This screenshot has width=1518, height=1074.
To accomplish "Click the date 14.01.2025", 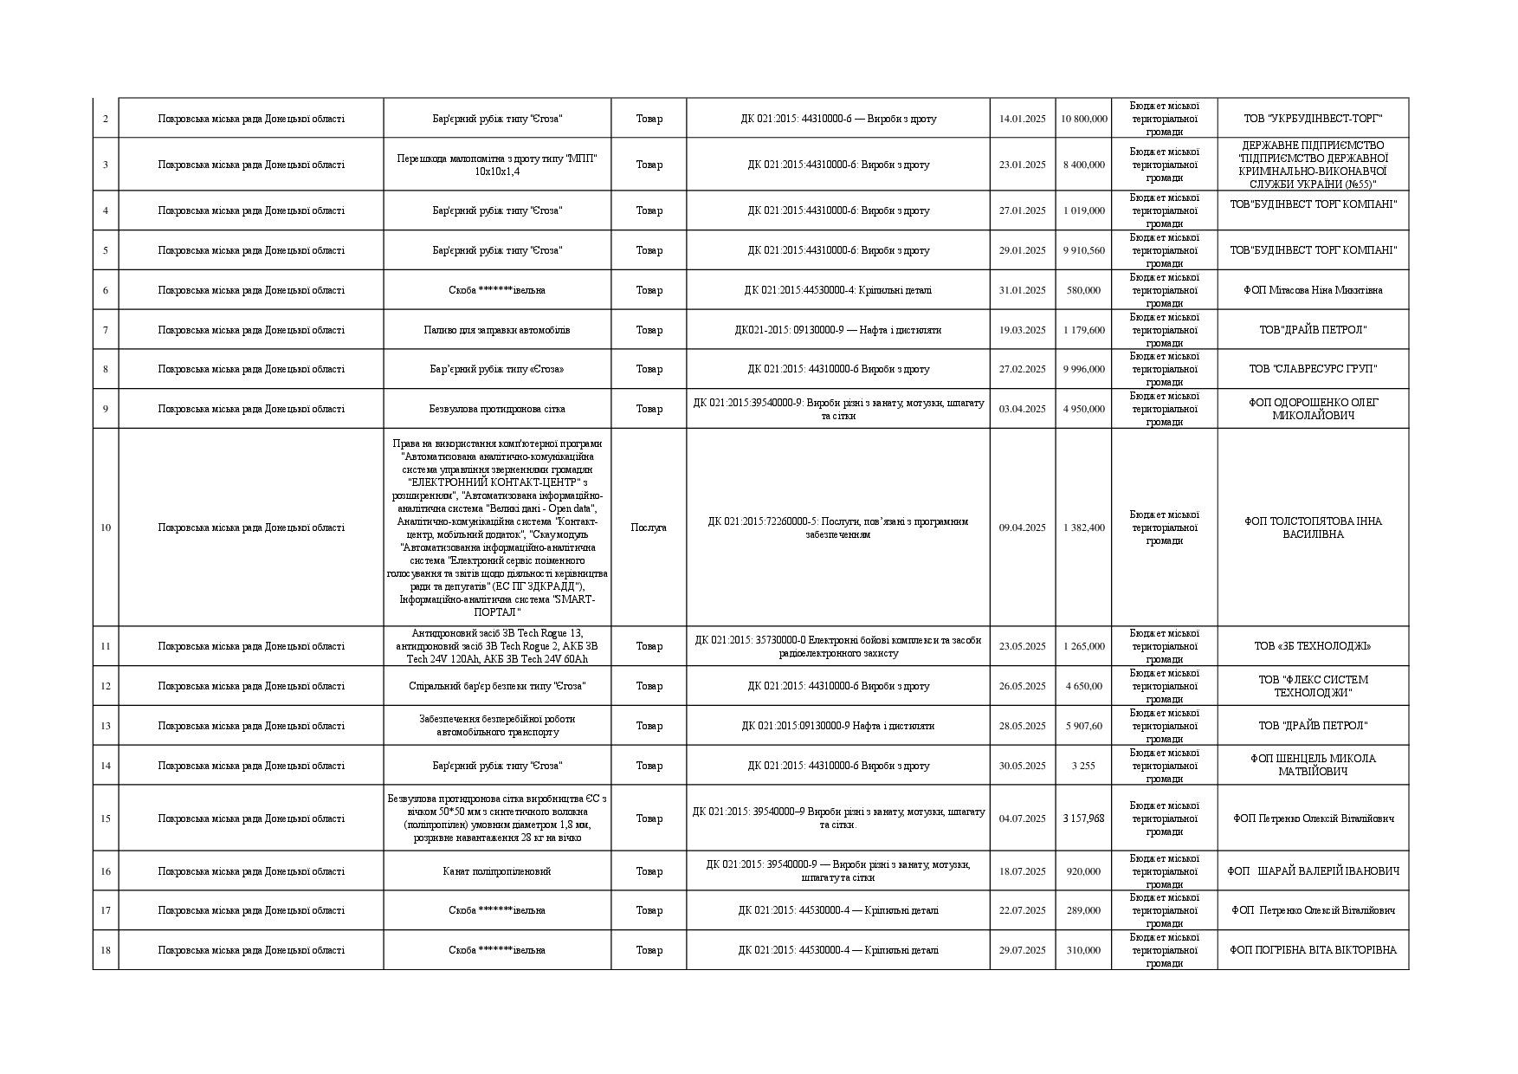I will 1022,119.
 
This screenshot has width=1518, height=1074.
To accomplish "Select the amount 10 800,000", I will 1083,119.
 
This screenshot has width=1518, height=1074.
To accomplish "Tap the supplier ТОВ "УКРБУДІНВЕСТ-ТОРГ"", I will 1313,119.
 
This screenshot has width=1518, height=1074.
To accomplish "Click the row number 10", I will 106,527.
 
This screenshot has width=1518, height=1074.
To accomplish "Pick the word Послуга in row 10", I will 649,527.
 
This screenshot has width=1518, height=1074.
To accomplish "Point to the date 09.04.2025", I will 1022,527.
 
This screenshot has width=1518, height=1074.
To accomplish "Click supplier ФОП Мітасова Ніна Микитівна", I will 1313,290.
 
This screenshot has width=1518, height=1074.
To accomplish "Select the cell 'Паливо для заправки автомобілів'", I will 497,330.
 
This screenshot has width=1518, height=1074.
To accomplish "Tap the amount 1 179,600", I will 1083,330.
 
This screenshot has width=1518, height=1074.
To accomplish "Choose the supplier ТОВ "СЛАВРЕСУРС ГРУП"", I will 1313,369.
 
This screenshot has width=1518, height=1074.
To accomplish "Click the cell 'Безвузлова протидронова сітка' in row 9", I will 497,409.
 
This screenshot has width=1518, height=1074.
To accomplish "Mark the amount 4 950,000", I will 1083,409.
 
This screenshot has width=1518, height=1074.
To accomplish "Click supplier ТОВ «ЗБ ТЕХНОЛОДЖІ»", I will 1313,646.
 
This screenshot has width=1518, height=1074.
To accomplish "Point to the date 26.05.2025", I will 1022,686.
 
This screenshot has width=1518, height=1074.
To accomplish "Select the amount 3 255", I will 1083,766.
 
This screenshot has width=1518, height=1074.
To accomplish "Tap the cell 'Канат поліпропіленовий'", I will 497,871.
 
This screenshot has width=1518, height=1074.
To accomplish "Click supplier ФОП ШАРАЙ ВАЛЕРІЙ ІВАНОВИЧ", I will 1313,871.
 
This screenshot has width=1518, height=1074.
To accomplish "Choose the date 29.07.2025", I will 1022,950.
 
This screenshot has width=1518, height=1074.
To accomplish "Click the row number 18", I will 106,950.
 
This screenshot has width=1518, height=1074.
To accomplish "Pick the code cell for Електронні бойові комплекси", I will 838,646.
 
